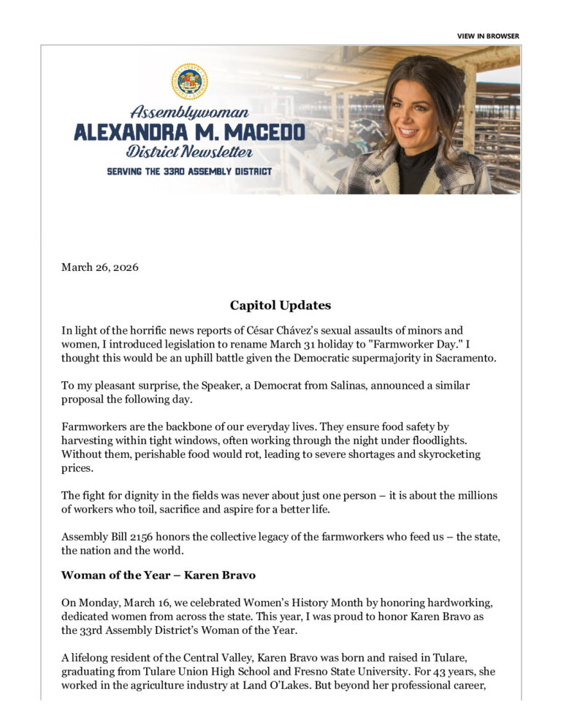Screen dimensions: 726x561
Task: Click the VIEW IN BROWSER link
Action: click(488, 36)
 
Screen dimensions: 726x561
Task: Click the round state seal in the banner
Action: click(189, 81)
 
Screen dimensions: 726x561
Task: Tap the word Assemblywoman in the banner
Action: click(189, 112)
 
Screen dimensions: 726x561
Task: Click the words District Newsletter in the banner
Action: click(189, 152)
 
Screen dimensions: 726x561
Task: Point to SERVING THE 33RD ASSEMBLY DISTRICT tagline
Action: click(189, 171)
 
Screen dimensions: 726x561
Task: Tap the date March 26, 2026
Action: click(99, 267)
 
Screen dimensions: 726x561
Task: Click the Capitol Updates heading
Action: click(280, 305)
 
